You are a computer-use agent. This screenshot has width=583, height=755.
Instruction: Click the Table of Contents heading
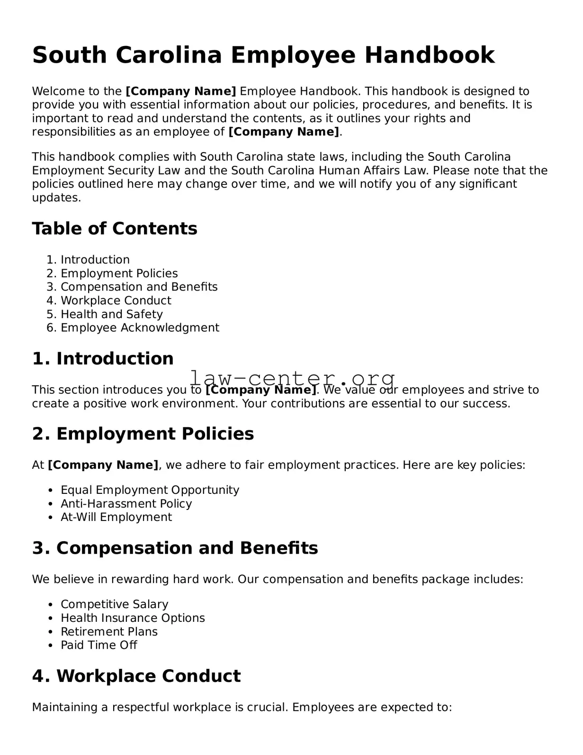point(115,228)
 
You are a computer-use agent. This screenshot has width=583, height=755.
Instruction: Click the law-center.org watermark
point(292,378)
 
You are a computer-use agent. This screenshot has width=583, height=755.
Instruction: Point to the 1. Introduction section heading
point(103,358)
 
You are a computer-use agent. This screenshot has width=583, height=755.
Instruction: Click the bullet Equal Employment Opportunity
point(150,490)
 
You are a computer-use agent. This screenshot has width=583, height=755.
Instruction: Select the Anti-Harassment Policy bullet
point(126,503)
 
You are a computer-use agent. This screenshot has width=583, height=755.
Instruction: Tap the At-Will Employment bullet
point(116,517)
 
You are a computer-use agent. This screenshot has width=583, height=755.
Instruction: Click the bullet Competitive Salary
point(114,604)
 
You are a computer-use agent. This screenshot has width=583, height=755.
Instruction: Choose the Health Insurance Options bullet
point(133,618)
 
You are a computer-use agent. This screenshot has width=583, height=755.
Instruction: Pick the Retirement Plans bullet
point(109,632)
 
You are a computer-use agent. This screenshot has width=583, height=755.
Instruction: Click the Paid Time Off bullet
point(99,645)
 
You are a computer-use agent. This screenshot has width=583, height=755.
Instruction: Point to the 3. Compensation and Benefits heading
point(175,548)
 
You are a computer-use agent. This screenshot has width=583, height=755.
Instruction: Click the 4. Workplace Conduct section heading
point(136,676)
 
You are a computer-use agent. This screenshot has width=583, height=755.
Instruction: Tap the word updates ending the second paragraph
point(56,198)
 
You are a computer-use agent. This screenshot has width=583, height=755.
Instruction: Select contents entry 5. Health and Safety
point(111,314)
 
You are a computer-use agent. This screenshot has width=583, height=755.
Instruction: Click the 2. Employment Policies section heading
point(143,434)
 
